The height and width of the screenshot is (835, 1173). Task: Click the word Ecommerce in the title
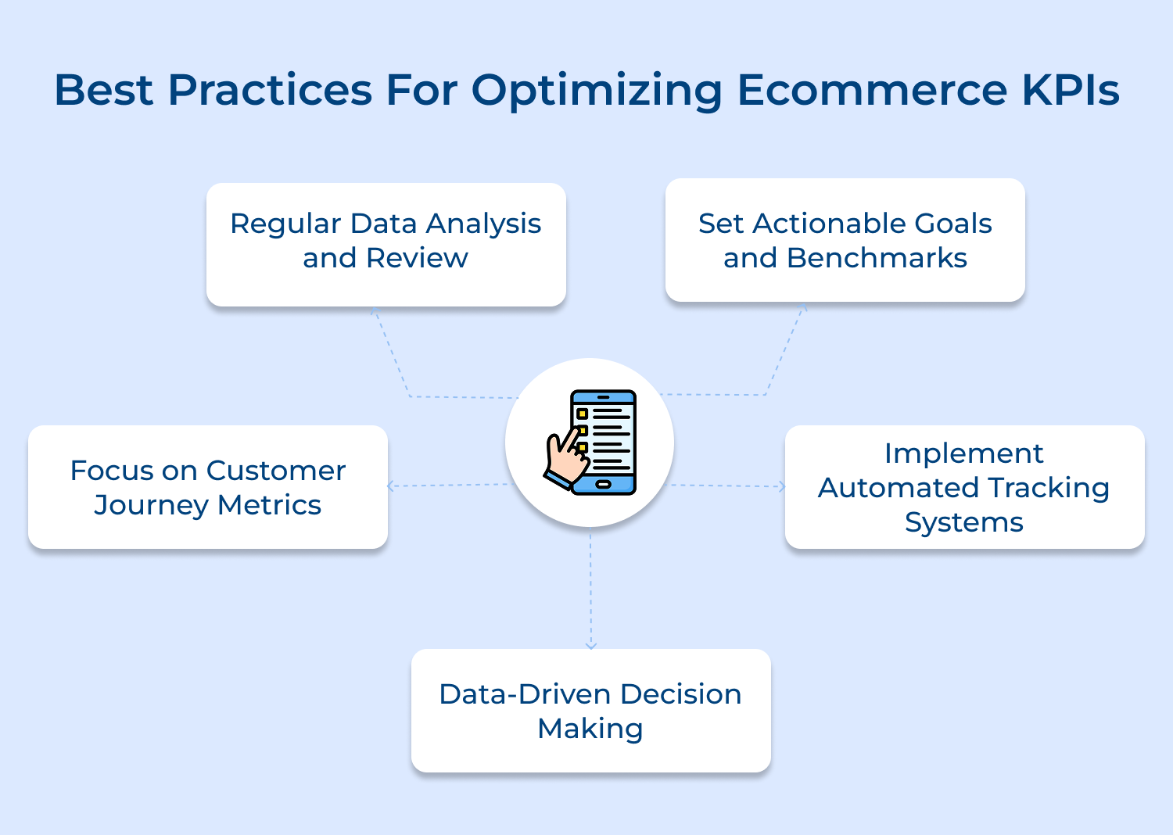(871, 90)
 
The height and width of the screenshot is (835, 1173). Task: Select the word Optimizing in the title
(597, 91)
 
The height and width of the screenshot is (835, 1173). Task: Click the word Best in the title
(103, 90)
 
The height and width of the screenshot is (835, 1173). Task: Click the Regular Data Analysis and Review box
(386, 244)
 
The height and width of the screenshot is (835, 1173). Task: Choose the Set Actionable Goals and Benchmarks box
(845, 240)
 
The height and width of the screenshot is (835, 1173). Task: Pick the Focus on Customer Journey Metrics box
(207, 486)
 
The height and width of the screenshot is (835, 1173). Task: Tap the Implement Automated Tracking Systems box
(964, 486)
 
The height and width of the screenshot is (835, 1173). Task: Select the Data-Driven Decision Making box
(590, 710)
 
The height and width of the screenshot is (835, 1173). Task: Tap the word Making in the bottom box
(590, 729)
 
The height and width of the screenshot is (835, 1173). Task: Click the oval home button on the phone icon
(603, 485)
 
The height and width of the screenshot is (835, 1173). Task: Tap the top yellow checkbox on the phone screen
(582, 414)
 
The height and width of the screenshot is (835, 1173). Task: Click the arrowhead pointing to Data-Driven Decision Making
(590, 645)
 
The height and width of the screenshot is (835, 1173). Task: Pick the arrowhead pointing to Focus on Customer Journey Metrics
(391, 486)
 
